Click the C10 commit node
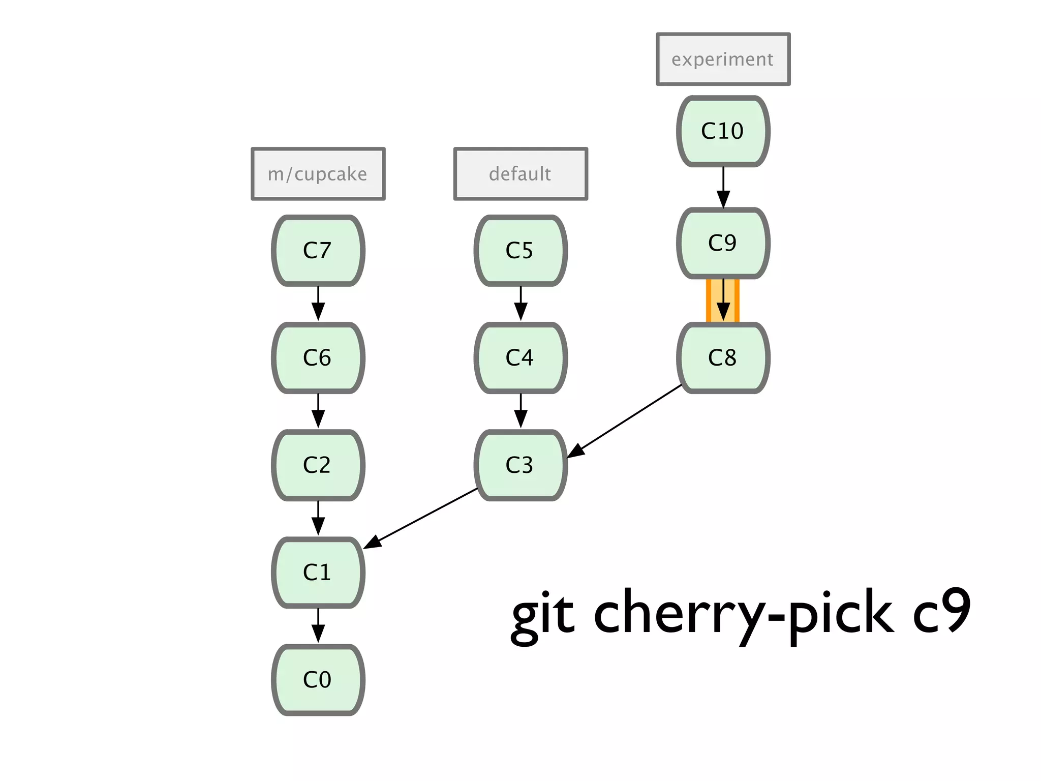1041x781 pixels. tap(723, 131)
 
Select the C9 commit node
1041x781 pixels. tap(723, 243)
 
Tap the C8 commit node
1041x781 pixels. tap(723, 357)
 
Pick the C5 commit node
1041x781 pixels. tap(520, 250)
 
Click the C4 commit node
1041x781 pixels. tap(520, 357)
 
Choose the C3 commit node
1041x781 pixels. tap(520, 465)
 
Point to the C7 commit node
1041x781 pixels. tap(318, 250)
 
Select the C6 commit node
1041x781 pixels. tap(318, 357)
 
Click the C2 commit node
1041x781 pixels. tap(318, 465)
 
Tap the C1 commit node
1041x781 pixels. tap(318, 572)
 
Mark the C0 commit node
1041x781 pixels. tap(318, 679)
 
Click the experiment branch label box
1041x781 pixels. tap(723, 59)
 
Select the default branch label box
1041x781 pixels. tap(520, 174)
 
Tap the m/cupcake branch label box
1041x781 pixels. tap(318, 174)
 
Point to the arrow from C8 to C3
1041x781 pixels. tap(625, 420)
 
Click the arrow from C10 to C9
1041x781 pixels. tap(723, 186)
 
